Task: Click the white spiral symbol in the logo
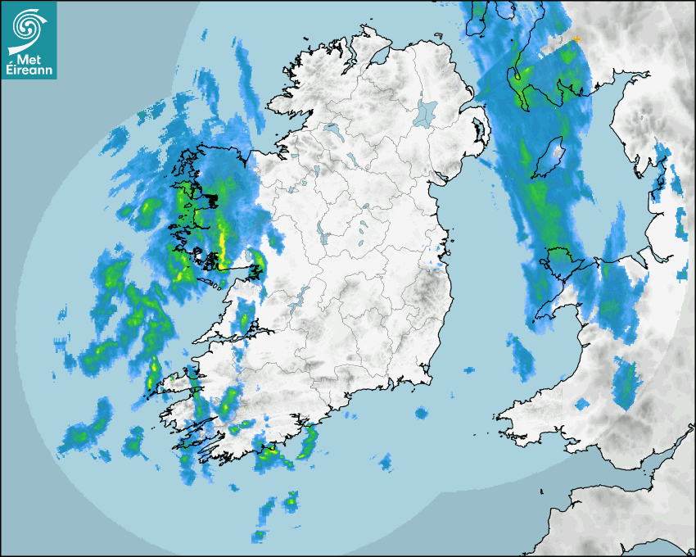27,27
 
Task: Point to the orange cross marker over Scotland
576,38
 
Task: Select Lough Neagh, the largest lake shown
427,112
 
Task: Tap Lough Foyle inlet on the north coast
378,57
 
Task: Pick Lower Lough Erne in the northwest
332,130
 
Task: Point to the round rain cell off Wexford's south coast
421,413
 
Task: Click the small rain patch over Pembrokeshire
583,404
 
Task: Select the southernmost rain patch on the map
260,537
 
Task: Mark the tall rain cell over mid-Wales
626,383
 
